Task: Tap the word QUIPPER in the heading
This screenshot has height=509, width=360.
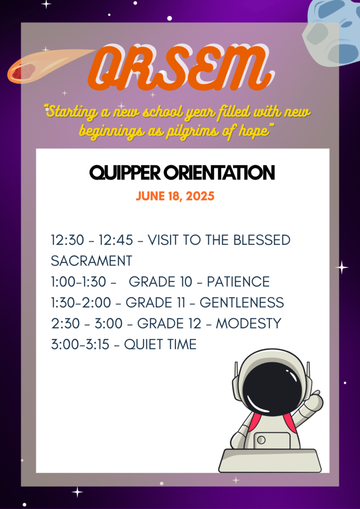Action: [125, 173]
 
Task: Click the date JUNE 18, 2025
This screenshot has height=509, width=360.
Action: [176, 196]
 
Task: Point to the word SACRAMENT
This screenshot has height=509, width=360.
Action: [91, 261]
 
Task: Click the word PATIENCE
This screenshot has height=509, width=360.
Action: [238, 282]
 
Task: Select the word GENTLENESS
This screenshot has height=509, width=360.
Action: [242, 303]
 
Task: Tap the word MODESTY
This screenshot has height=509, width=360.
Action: [248, 323]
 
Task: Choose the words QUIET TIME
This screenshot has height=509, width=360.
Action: [161, 344]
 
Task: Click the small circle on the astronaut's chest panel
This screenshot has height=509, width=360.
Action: [261, 440]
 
